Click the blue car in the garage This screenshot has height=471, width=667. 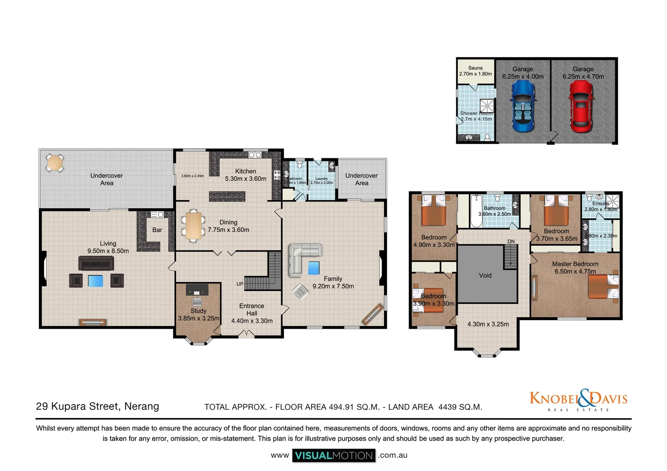[523, 106]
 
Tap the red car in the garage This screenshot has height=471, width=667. [581, 106]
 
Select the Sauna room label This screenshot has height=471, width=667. [475, 68]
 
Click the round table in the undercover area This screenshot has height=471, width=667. [55, 163]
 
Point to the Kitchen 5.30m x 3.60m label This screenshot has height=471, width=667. [245, 175]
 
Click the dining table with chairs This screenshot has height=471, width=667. [193, 225]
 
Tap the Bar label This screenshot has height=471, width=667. [157, 230]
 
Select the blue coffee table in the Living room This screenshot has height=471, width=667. [96, 281]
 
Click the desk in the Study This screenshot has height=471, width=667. [197, 290]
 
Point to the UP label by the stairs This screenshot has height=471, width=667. [240, 284]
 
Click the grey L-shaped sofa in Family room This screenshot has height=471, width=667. [301, 257]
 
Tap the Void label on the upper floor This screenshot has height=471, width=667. [485, 275]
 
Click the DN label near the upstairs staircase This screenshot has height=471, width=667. [511, 241]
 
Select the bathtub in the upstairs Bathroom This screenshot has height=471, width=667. [476, 212]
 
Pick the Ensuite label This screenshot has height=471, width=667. [600, 203]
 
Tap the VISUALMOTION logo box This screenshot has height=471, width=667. [333, 456]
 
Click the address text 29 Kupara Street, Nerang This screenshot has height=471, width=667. [97, 406]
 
